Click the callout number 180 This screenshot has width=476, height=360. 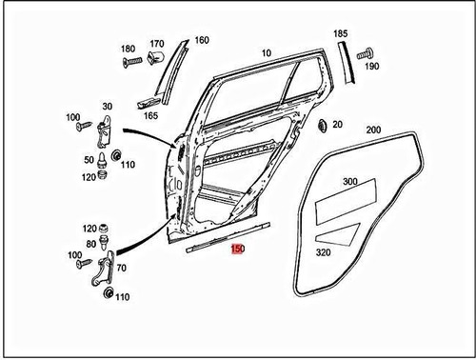(129, 49)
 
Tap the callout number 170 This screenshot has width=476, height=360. (157, 43)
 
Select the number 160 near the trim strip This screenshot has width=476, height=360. (201, 40)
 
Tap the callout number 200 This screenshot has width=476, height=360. (373, 130)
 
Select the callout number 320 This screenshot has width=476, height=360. (324, 254)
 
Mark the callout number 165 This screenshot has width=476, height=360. (151, 115)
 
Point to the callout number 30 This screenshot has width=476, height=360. (108, 106)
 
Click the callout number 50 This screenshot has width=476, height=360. (89, 159)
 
